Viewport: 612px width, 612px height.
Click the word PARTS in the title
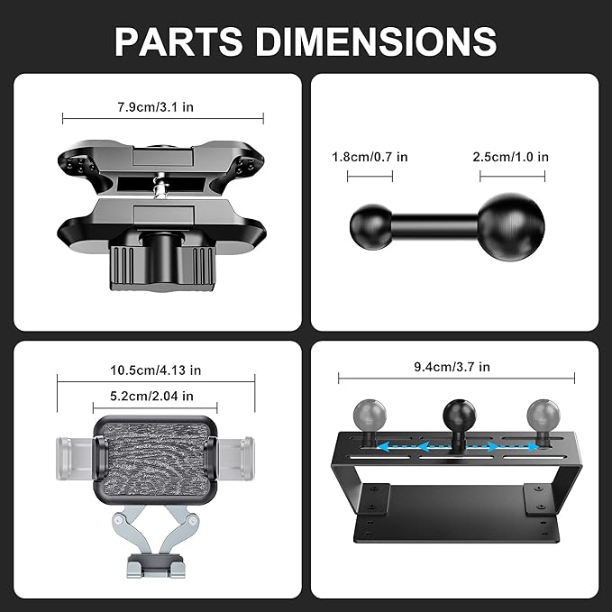pos(178,41)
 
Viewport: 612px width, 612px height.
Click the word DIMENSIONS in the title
pos(376,41)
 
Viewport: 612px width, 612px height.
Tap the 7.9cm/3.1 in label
pos(155,107)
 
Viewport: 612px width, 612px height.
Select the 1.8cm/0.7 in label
pos(370,157)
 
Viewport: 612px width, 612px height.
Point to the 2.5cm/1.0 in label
pos(510,157)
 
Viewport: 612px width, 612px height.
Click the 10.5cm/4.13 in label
pos(155,370)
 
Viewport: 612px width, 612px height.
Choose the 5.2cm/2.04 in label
pos(151,397)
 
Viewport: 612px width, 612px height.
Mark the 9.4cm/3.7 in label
pos(452,367)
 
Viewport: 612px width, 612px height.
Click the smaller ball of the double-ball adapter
pos(370,226)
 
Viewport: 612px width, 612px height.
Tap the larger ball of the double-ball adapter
pos(511,227)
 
